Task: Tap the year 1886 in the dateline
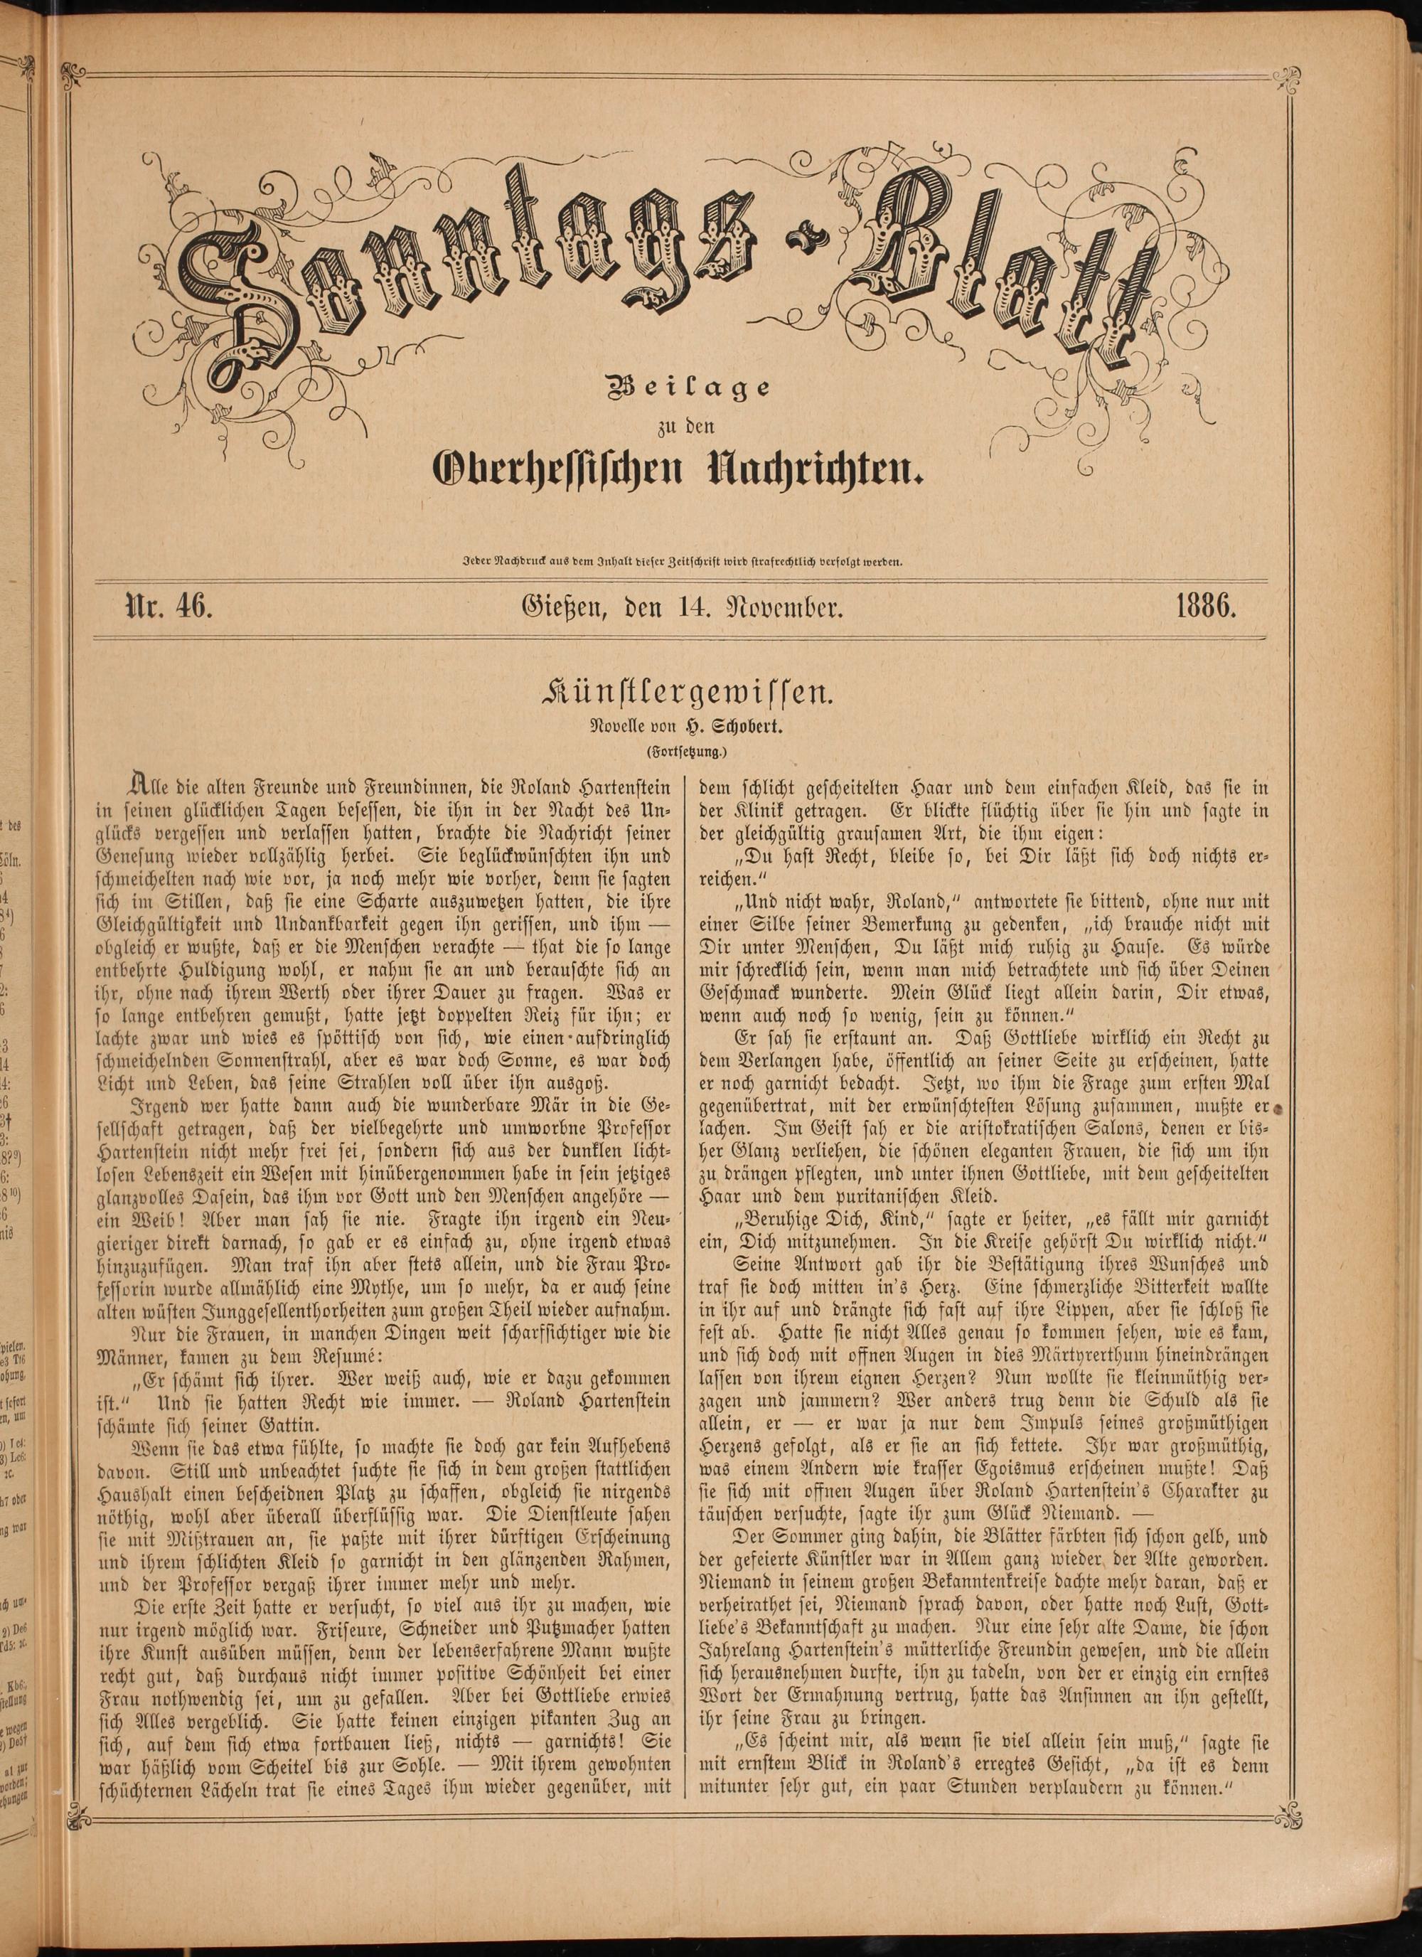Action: (x=1207, y=607)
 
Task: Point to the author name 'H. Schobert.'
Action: (x=737, y=727)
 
